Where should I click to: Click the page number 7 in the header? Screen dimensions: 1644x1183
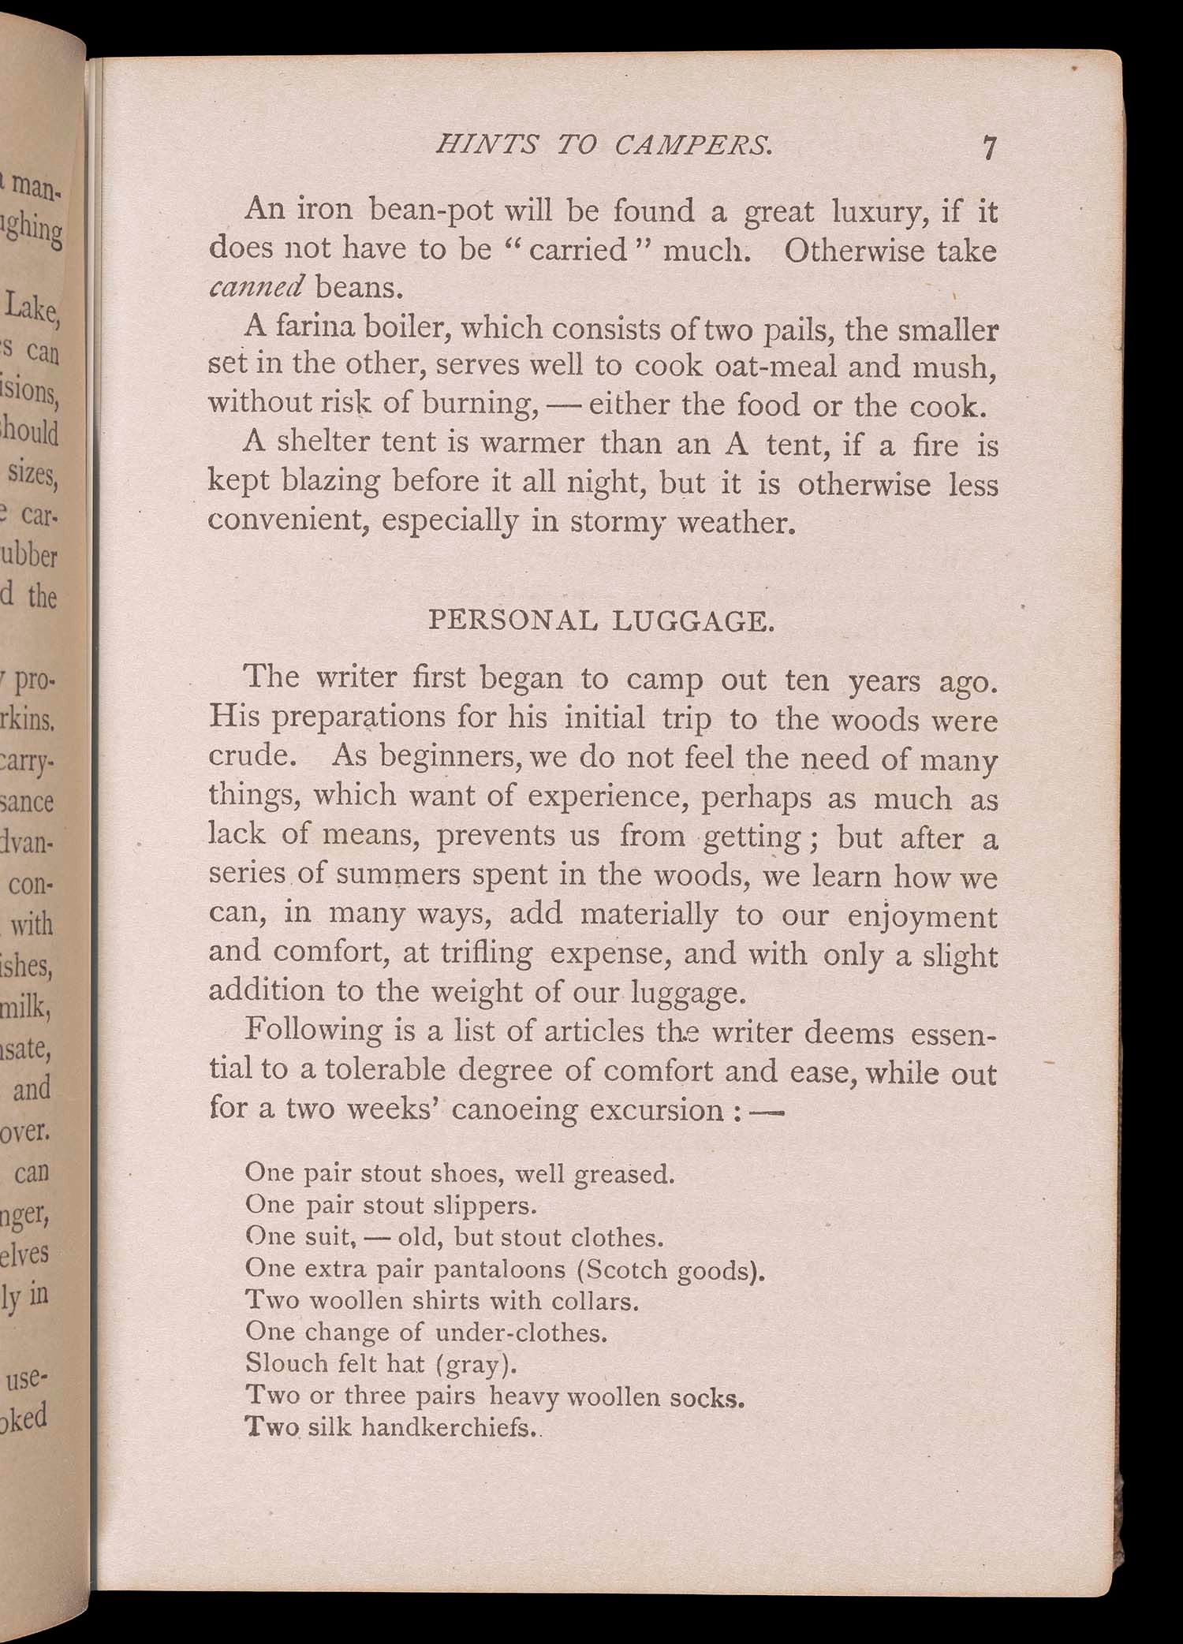[x=990, y=147]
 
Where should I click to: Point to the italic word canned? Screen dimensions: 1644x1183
[x=256, y=287]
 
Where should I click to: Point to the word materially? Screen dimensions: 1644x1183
[x=648, y=914]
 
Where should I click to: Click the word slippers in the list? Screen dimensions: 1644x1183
[x=486, y=1206]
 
